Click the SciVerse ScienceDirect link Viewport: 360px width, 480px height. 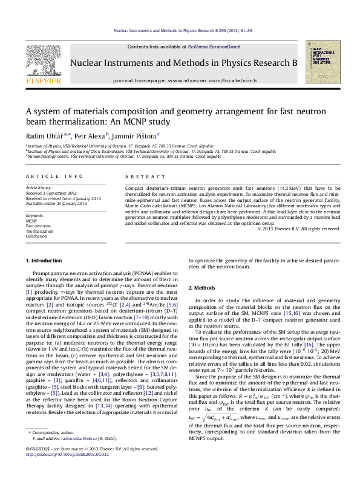(214, 47)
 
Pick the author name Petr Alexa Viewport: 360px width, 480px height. (91, 135)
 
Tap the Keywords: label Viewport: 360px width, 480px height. (35, 216)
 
